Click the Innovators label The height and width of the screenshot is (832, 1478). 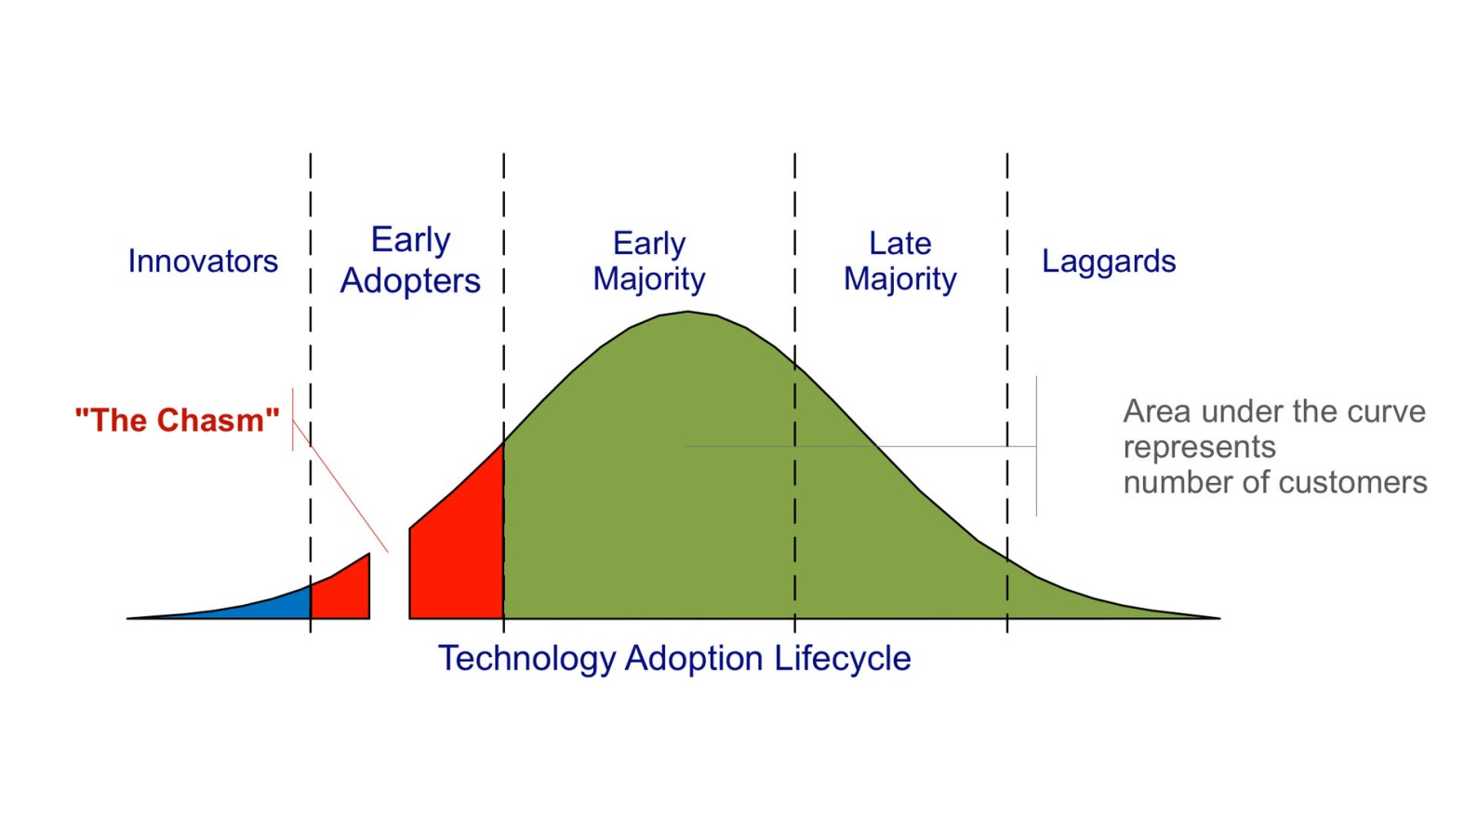coord(203,262)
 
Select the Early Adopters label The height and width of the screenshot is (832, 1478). coord(410,260)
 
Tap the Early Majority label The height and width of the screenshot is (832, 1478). coord(649,261)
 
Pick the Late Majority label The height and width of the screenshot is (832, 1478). coord(900,261)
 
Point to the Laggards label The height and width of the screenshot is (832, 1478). coord(1109,262)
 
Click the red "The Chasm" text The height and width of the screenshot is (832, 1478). coord(177,421)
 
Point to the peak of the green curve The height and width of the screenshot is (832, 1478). coord(688,313)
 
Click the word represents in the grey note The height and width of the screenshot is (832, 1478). coord(1199,447)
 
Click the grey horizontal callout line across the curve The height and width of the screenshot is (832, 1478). coord(930,447)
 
